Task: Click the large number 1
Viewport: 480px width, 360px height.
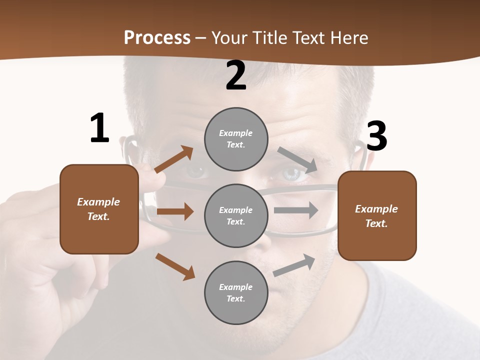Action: pyautogui.click(x=99, y=128)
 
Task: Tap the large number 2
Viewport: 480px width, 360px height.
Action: pyautogui.click(x=236, y=76)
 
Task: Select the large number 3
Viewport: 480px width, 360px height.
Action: pyautogui.click(x=376, y=136)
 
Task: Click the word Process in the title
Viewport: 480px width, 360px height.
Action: pyautogui.click(x=157, y=37)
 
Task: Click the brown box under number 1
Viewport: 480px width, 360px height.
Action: pyautogui.click(x=99, y=209)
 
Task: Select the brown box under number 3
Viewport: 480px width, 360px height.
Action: pyautogui.click(x=377, y=216)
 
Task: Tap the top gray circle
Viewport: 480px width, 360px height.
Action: pyautogui.click(x=236, y=139)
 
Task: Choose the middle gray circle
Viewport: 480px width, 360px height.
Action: pyautogui.click(x=236, y=215)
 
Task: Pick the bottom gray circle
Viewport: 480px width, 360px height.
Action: pyautogui.click(x=236, y=292)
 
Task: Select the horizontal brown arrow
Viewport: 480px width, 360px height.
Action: pyautogui.click(x=175, y=211)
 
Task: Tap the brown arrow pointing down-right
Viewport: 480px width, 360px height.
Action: pyautogui.click(x=175, y=266)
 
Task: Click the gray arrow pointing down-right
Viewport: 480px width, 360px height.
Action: pyautogui.click(x=297, y=160)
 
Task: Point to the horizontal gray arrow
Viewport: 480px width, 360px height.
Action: pyautogui.click(x=296, y=210)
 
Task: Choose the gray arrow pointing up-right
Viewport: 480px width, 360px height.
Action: pyautogui.click(x=294, y=265)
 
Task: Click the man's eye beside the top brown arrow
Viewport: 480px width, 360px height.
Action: pyautogui.click(x=196, y=171)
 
